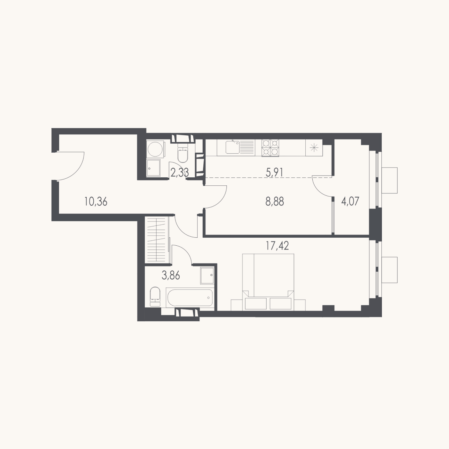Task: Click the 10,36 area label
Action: click(96, 201)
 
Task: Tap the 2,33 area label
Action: click(180, 173)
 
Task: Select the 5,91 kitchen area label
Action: click(274, 173)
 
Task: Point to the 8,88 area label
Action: click(275, 201)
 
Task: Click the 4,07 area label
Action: click(350, 201)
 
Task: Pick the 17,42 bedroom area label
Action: click(277, 246)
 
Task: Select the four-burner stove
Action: click(270, 148)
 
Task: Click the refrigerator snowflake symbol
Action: click(314, 148)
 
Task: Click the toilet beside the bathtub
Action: click(155, 297)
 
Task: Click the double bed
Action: click(268, 282)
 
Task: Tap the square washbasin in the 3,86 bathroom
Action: click(207, 275)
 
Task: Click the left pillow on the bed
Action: click(256, 303)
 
